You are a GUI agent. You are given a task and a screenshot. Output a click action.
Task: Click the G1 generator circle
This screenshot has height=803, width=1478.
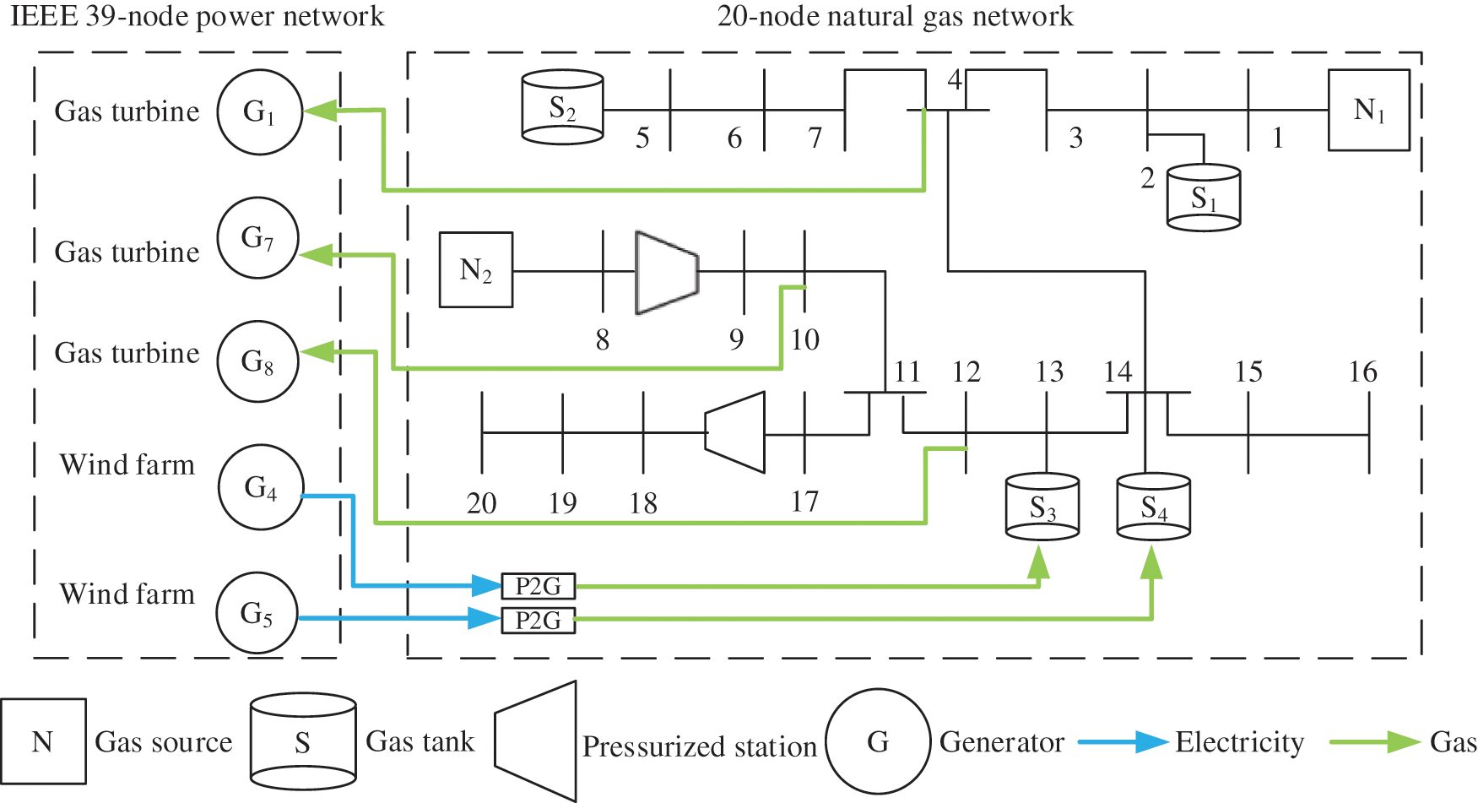259,111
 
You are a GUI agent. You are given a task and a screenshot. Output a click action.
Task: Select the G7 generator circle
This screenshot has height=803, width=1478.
257,238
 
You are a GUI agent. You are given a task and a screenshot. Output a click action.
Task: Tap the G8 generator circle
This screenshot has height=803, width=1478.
257,361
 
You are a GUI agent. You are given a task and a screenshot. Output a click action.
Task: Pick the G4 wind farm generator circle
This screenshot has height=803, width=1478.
261,488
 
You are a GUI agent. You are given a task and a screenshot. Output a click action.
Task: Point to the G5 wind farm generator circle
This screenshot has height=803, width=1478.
257,613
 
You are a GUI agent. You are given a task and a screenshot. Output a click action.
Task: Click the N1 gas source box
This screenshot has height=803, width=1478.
1368,110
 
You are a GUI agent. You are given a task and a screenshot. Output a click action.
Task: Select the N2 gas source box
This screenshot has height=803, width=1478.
476,270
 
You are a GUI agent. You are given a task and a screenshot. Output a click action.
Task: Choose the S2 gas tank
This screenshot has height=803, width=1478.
562,107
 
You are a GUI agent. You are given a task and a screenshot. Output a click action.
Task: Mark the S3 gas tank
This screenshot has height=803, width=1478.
1042,507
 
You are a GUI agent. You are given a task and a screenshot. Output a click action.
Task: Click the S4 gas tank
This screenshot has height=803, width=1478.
1153,507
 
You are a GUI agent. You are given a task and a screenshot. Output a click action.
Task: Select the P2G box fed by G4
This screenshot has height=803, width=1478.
539,585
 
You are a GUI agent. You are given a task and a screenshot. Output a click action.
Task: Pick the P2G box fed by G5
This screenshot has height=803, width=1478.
539,621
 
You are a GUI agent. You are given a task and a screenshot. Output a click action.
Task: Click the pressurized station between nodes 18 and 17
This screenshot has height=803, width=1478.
735,432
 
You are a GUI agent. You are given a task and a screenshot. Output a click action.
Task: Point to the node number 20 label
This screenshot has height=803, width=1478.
481,503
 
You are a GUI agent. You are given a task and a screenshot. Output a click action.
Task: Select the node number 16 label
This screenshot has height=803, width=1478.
1362,372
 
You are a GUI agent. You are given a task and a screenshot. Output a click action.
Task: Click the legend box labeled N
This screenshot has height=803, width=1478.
43,741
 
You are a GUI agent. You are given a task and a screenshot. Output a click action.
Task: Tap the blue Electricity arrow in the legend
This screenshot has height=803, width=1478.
1123,742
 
